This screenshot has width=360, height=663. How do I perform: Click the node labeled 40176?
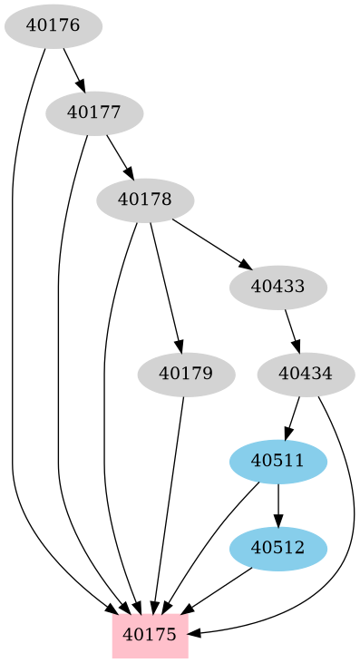(53, 25)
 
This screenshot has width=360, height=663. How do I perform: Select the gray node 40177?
(94, 112)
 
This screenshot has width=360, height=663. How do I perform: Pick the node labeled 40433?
(277, 287)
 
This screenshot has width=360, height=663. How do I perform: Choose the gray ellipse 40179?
(185, 374)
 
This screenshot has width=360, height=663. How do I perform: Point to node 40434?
(306, 374)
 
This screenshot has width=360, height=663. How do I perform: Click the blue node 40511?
(277, 461)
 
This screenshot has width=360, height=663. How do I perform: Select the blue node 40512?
(277, 548)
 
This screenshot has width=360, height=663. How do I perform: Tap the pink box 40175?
(150, 634)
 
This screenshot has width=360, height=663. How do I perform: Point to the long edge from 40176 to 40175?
(13, 363)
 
